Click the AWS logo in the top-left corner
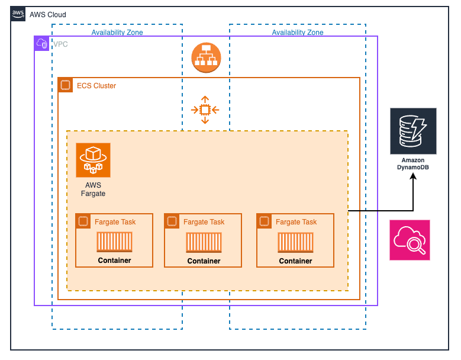pyautogui.click(x=18, y=14)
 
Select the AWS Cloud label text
pyautogui.click(x=48, y=14)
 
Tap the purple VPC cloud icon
pyautogui.click(x=42, y=43)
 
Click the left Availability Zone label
pyautogui.click(x=117, y=33)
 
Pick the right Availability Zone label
pyautogui.click(x=298, y=33)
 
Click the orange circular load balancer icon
pyautogui.click(x=206, y=58)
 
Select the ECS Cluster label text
pyautogui.click(x=96, y=86)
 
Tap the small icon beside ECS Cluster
pyautogui.click(x=66, y=85)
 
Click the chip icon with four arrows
pyautogui.click(x=205, y=110)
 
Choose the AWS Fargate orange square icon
pyautogui.click(x=93, y=160)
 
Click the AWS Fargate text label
pyautogui.click(x=93, y=189)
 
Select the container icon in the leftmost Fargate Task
pyautogui.click(x=115, y=242)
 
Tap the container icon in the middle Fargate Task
pyautogui.click(x=204, y=243)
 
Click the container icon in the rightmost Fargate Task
pyautogui.click(x=296, y=243)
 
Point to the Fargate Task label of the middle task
pyautogui.click(x=204, y=222)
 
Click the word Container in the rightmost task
pyautogui.click(x=296, y=261)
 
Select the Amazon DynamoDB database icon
pyautogui.click(x=413, y=131)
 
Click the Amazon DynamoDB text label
pyautogui.click(x=413, y=164)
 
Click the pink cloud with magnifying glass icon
pyautogui.click(x=410, y=240)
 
